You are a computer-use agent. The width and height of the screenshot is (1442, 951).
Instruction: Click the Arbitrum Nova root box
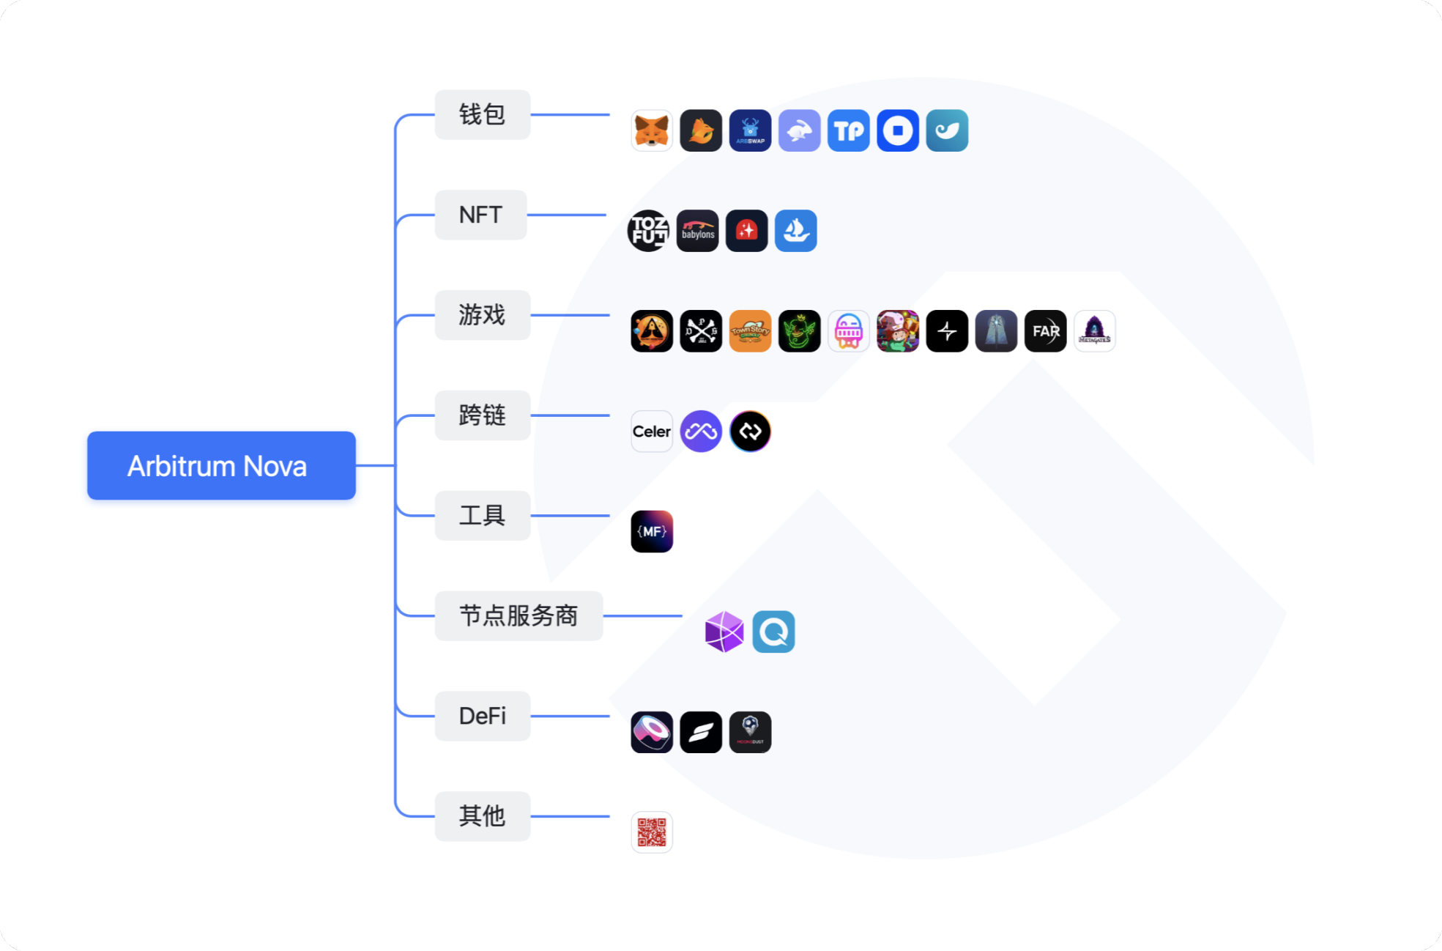tap(221, 466)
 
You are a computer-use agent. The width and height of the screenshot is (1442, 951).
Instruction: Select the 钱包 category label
tap(482, 114)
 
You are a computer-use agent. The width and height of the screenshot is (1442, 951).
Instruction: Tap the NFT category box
tap(480, 215)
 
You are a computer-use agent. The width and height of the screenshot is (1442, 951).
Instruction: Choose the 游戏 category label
tap(482, 315)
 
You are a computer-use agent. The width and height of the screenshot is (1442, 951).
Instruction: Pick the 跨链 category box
tap(482, 415)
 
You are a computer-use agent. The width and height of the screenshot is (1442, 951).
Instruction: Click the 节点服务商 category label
tap(519, 615)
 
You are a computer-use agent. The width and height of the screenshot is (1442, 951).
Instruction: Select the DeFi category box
tap(482, 716)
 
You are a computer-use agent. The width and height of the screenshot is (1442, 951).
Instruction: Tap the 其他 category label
tap(482, 815)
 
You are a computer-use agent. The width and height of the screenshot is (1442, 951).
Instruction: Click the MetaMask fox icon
tap(651, 131)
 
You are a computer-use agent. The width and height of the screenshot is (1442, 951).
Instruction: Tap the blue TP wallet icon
tap(848, 131)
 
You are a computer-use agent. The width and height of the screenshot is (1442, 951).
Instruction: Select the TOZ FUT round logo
tap(648, 231)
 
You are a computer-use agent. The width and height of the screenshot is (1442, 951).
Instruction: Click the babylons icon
tap(697, 231)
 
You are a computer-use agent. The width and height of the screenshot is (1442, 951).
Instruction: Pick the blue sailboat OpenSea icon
tap(795, 231)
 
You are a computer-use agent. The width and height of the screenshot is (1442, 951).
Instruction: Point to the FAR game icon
tap(1045, 331)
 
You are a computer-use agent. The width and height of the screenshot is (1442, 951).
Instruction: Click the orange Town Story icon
tap(750, 331)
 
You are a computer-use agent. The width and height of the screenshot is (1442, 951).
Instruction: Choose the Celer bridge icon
tap(651, 432)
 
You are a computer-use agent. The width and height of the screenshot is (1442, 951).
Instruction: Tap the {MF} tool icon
tap(651, 531)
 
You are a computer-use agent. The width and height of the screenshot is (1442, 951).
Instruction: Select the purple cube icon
tap(724, 632)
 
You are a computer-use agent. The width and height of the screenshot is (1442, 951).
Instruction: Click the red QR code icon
tap(651, 832)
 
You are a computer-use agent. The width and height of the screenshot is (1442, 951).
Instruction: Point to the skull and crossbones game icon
tap(701, 331)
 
